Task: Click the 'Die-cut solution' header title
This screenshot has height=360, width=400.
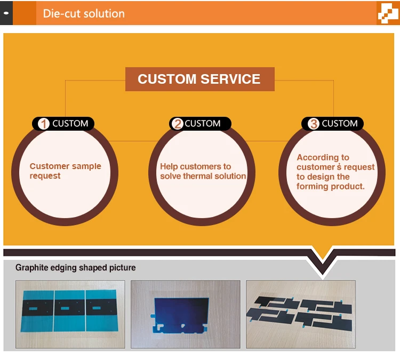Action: coord(84,13)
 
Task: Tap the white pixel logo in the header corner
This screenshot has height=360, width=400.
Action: coord(388,13)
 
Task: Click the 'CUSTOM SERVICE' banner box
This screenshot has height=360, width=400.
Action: coord(200,79)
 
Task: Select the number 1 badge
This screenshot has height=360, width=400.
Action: coord(44,124)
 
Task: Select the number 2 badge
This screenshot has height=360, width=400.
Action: coord(178,124)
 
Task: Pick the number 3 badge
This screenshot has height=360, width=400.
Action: coord(314,124)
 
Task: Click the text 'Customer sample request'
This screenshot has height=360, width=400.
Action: coord(65,171)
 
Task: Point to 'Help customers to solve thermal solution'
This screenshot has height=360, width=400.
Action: coord(203,171)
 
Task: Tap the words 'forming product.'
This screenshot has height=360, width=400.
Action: coord(330,187)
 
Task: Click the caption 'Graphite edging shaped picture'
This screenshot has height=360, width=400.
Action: coord(76,268)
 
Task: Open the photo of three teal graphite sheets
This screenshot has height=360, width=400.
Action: coord(70,314)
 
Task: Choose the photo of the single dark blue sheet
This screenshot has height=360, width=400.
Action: coord(186,314)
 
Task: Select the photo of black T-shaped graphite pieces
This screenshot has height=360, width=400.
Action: coord(301,314)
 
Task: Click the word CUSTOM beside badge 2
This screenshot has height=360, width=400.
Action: coord(203,124)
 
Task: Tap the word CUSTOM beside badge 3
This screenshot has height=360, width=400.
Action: coord(340,124)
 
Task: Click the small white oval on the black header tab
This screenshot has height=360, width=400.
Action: coord(6,13)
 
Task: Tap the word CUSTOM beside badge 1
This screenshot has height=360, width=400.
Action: coord(70,124)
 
